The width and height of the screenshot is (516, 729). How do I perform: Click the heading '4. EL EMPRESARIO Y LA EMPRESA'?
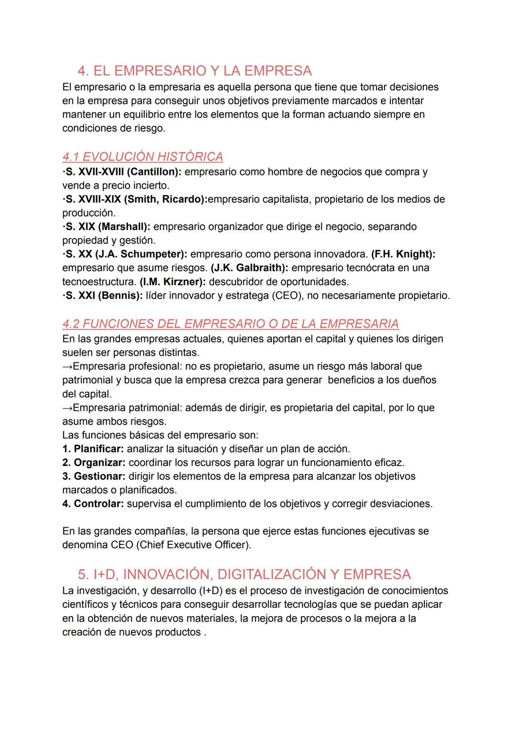(x=194, y=71)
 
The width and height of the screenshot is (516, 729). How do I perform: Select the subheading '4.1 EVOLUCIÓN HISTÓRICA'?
(x=142, y=157)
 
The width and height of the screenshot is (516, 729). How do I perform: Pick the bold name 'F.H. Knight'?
(x=402, y=254)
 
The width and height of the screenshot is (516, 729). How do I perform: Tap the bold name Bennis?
(x=119, y=295)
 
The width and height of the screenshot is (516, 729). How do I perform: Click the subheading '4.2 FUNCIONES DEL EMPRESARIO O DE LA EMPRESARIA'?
(x=230, y=324)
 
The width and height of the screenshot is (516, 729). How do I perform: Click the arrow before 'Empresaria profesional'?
(x=67, y=367)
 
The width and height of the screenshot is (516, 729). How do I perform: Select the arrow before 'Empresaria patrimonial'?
(x=67, y=408)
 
